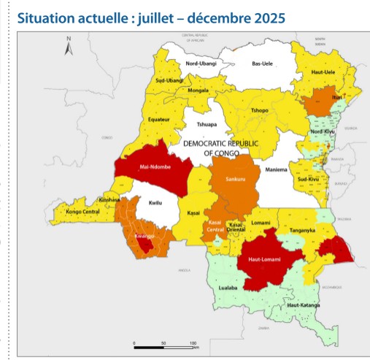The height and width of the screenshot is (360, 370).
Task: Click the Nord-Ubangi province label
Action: click(203, 64)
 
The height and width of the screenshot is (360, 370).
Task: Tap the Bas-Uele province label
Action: click(261, 64)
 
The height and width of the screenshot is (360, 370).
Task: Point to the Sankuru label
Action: click(235, 179)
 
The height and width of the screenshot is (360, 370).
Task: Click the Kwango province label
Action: click(142, 237)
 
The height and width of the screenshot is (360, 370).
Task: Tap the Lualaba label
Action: click(230, 289)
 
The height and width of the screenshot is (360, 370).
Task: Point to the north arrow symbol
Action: click(68, 48)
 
